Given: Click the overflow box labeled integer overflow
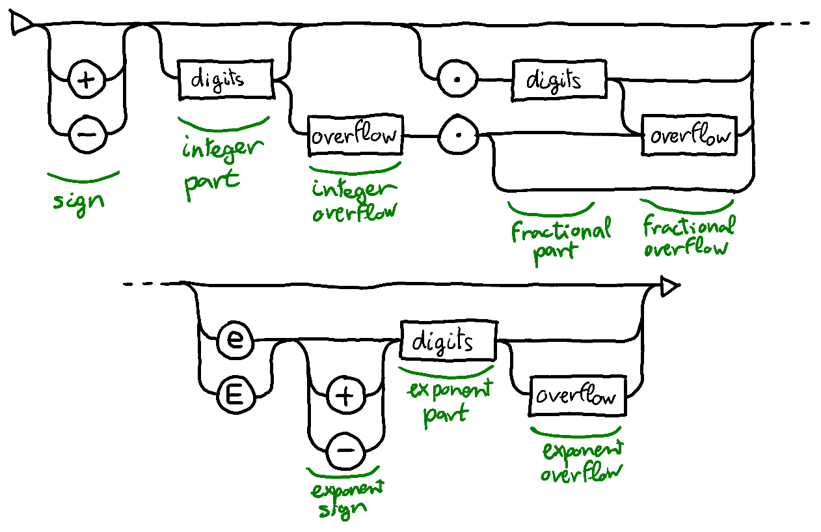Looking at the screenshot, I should [355, 137].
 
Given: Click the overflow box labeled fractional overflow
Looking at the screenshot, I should [690, 137].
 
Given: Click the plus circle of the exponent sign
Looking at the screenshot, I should [345, 395].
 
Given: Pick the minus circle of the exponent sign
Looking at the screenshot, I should [345, 449].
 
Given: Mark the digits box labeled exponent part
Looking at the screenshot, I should [448, 341].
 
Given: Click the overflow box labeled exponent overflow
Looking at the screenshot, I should [578, 396].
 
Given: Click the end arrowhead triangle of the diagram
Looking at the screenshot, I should [669, 286].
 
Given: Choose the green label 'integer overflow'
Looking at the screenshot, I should [355, 201].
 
